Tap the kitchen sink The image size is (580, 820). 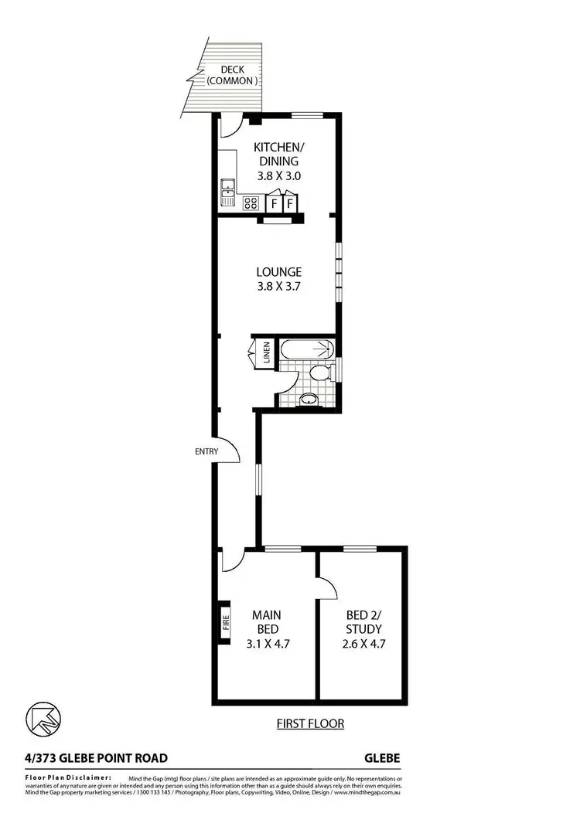click(227, 190)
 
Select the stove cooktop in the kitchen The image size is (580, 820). click(251, 203)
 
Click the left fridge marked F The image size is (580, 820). click(273, 203)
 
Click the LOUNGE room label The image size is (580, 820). click(278, 272)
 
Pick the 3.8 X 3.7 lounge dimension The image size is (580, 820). click(278, 286)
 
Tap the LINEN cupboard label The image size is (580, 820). click(267, 353)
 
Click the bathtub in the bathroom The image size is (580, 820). click(306, 350)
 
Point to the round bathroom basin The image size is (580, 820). click(308, 400)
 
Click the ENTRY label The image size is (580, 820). click(206, 451)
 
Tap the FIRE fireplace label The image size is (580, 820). click(227, 624)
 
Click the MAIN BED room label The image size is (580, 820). click(266, 622)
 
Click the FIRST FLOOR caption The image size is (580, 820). click(310, 724)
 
